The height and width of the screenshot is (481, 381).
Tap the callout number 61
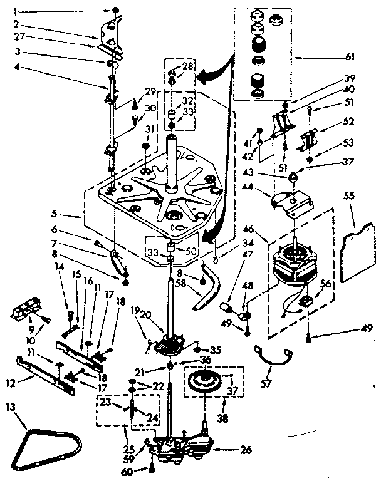point(350,56)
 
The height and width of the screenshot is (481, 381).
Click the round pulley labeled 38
point(207,383)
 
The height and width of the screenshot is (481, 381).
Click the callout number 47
point(248,255)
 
